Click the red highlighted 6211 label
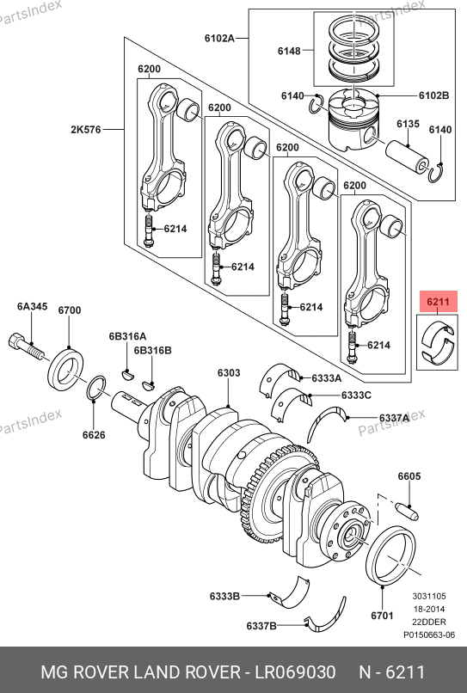(438, 302)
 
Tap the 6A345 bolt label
(33, 306)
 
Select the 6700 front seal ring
(66, 370)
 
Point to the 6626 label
(94, 435)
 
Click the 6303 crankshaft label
(229, 373)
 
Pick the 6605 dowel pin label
(409, 476)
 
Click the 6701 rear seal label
(382, 616)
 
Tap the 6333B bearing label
(224, 596)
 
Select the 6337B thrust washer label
(261, 626)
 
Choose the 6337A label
(395, 418)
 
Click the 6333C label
(356, 396)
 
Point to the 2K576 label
(86, 130)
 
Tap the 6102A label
(219, 38)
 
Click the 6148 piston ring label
(289, 52)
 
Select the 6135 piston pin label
(408, 124)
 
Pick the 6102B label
(433, 95)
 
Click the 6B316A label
(127, 336)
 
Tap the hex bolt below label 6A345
(26, 346)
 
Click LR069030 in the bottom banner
(295, 672)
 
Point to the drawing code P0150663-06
(429, 635)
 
